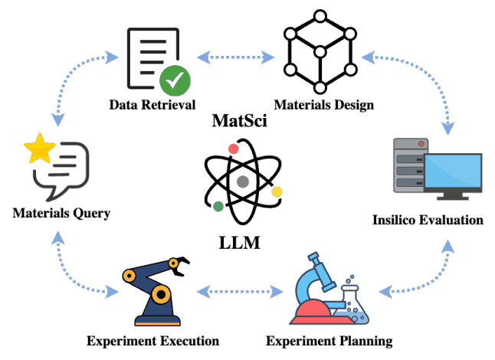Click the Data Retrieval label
point(152,105)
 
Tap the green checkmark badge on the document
point(175,80)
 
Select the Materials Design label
point(325,105)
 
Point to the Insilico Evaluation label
point(428,220)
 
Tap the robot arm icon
point(153,291)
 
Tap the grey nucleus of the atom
point(243,182)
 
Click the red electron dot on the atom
point(233,148)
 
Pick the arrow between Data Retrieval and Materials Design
point(234,56)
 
